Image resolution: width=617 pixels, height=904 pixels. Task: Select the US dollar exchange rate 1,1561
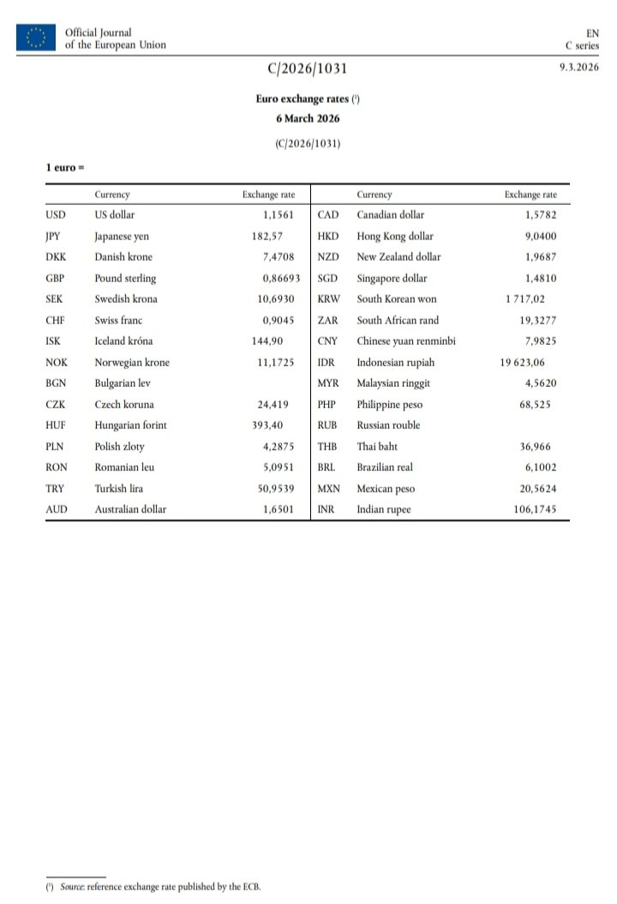[279, 215]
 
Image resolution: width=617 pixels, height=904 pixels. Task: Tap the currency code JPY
[52, 237]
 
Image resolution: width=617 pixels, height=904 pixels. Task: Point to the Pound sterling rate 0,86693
[281, 279]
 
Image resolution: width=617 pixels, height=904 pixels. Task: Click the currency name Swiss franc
[120, 321]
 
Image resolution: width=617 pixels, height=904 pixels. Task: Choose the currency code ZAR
[328, 321]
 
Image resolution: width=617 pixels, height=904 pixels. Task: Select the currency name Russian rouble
[388, 425]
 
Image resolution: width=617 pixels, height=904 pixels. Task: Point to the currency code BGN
[57, 383]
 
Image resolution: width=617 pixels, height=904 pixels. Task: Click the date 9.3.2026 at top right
[578, 68]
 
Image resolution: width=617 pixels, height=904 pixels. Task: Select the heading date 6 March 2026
[308, 118]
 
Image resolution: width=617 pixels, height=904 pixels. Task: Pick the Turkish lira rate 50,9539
[275, 488]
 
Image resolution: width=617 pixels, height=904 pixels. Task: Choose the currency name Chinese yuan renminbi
[406, 341]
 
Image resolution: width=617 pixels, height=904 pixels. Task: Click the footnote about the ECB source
[154, 886]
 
